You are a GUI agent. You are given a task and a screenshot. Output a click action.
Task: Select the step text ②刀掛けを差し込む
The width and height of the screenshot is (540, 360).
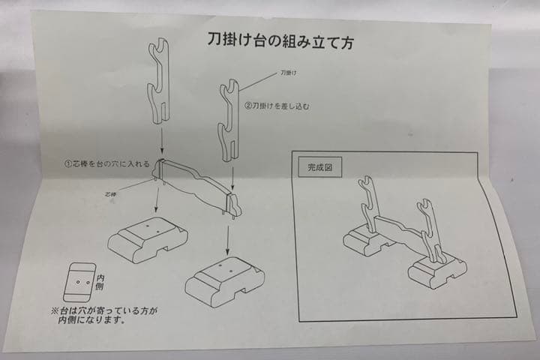click(x=277, y=106)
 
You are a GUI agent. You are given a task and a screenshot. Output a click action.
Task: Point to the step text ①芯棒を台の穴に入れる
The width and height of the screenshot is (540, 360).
click(x=107, y=163)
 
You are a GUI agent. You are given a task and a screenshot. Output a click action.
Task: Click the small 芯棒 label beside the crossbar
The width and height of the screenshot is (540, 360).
click(x=113, y=193)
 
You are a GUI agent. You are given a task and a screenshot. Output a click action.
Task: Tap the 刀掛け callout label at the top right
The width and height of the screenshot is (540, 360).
click(x=289, y=73)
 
